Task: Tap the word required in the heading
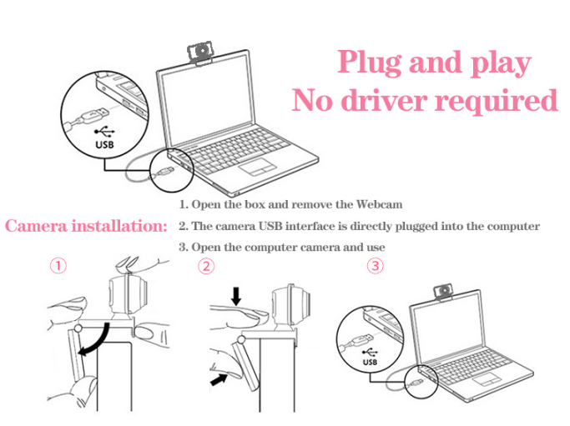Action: (496, 102)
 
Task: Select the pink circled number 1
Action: (58, 265)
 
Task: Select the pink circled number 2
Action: (206, 266)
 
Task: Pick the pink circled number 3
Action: (376, 266)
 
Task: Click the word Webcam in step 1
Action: (379, 204)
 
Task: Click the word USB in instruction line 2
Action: (270, 226)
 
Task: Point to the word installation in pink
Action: (119, 226)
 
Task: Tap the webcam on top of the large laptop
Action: (200, 54)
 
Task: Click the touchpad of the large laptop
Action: (257, 168)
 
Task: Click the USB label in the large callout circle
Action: (104, 144)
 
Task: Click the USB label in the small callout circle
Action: (370, 362)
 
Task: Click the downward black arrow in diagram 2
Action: (236, 296)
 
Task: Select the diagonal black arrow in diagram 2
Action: (219, 380)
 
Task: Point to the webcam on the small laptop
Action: (443, 293)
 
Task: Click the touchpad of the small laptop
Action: (487, 379)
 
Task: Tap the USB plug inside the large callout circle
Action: (90, 115)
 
